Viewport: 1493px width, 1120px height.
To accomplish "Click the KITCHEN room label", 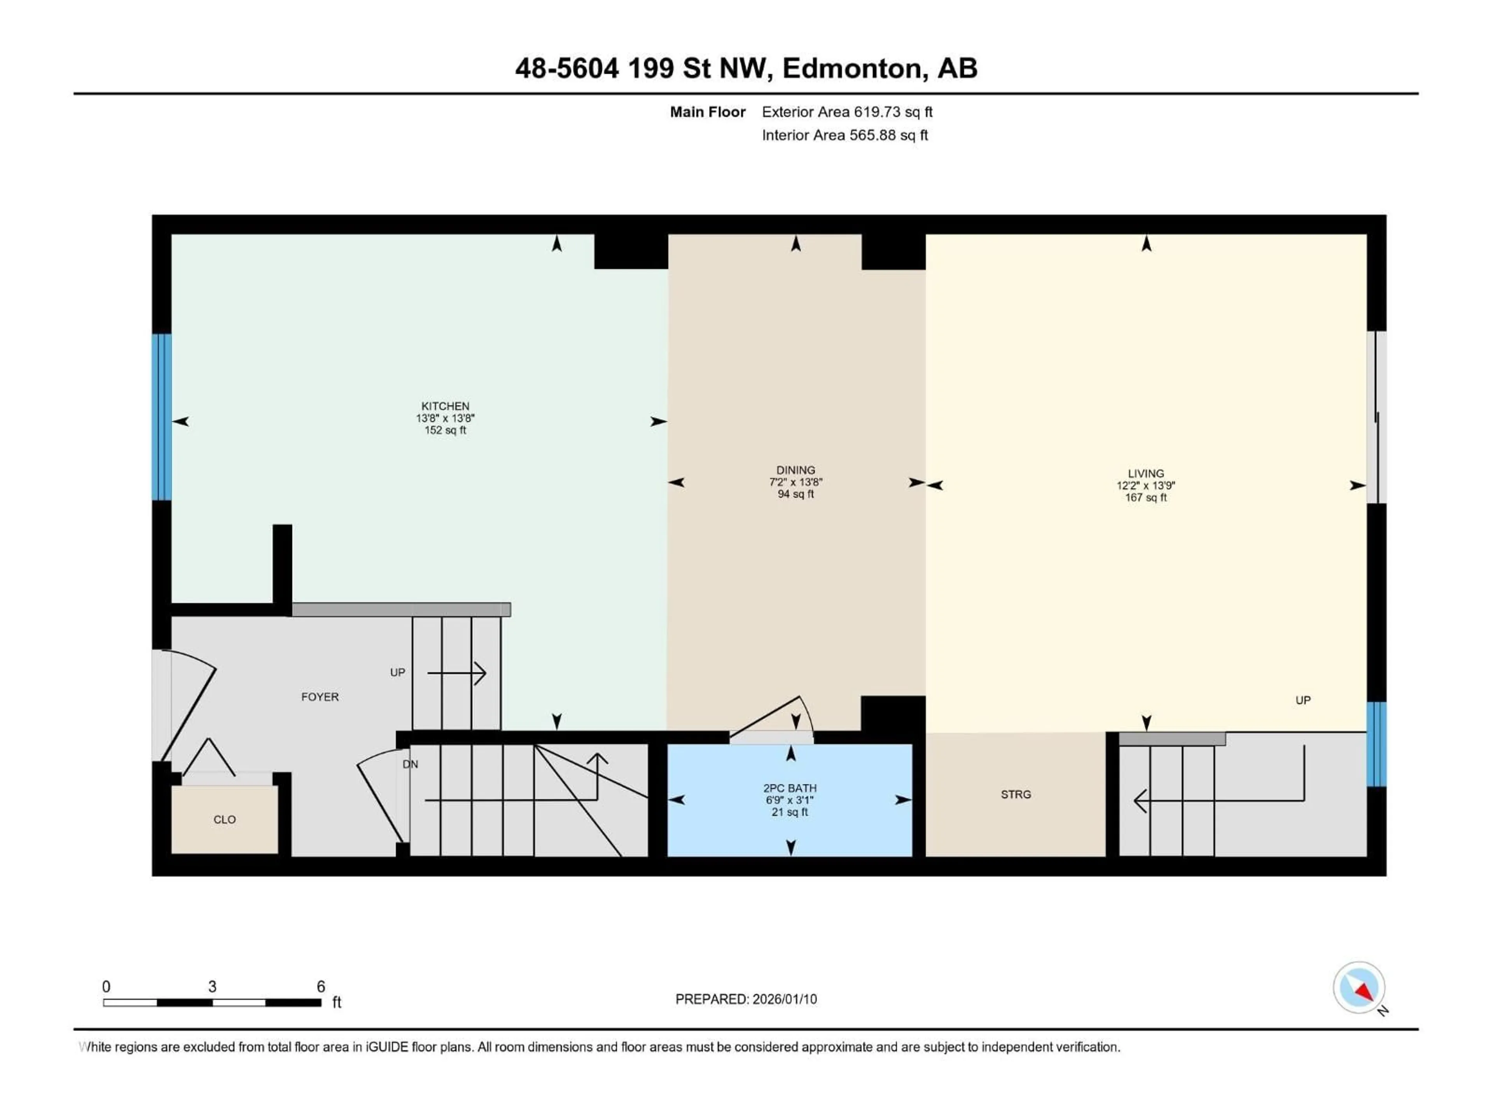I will pyautogui.click(x=445, y=406).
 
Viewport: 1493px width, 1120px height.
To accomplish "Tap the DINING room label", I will pyautogui.click(x=795, y=470).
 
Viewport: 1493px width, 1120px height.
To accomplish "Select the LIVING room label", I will pyautogui.click(x=1145, y=473).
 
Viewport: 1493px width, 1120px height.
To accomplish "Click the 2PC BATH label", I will pyautogui.click(x=790, y=788).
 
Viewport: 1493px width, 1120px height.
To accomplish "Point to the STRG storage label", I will pyautogui.click(x=1015, y=794).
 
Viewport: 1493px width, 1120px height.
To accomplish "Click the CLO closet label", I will pyautogui.click(x=224, y=819).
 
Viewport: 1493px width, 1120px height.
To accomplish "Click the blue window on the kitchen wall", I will pyautogui.click(x=161, y=416).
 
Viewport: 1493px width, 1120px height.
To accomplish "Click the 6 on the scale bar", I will pyautogui.click(x=321, y=986).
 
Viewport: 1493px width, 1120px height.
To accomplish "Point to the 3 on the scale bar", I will pyautogui.click(x=212, y=986).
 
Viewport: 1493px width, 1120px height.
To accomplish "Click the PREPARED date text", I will pyautogui.click(x=746, y=999).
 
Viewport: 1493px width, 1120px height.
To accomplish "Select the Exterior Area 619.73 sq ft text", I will pyautogui.click(x=847, y=112).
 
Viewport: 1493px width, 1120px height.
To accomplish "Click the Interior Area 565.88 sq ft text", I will pyautogui.click(x=844, y=135).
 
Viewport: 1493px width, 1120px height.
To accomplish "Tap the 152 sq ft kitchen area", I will pyautogui.click(x=445, y=430).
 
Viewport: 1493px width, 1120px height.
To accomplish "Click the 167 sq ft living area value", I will pyautogui.click(x=1145, y=497).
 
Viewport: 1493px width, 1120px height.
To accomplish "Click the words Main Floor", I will pyautogui.click(x=707, y=112).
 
